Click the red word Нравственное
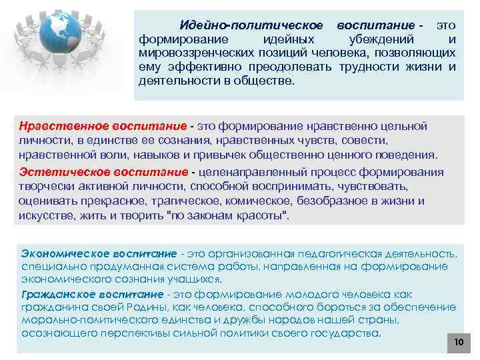tap(57, 126)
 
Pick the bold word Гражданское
tap(55, 294)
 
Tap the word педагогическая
tap(337, 253)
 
